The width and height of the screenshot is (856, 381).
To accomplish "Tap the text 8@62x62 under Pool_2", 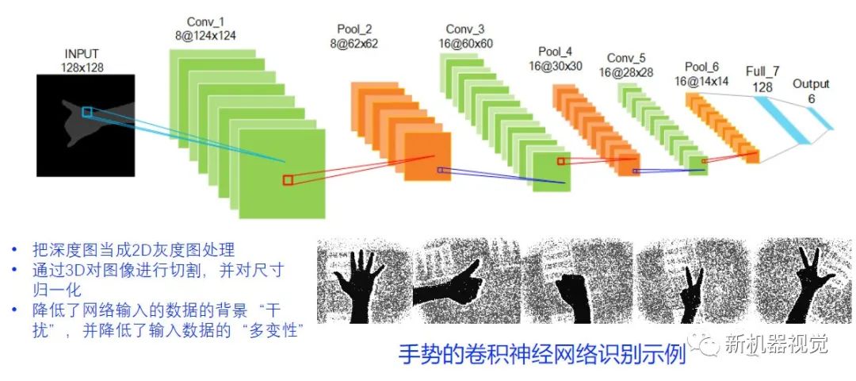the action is (353, 44).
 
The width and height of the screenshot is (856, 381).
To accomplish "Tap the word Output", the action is (811, 83).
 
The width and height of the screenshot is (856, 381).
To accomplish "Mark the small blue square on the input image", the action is (86, 113).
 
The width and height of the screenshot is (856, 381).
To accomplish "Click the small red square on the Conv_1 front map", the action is (288, 180).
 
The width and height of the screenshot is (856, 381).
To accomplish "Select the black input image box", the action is (86, 125).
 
